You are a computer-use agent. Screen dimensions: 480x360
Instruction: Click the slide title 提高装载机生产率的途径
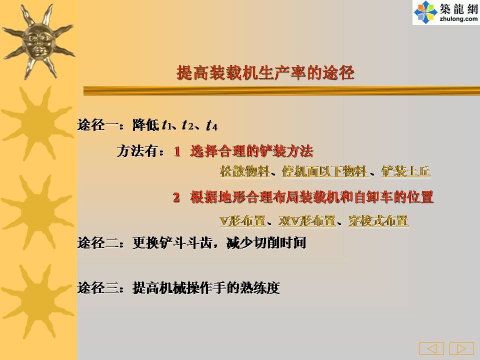pos(265,73)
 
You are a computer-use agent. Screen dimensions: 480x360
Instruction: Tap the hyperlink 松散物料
pos(244,171)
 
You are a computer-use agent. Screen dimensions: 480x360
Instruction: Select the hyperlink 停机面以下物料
pos(325,171)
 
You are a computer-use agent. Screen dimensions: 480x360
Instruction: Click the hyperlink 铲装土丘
pos(406,171)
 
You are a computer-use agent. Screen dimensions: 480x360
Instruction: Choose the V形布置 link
pos(242,220)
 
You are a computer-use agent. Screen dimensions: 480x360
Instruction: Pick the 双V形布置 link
pos(307,220)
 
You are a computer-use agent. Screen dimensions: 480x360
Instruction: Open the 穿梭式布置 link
pos(378,220)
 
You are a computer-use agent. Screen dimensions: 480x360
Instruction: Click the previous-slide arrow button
pos(431,348)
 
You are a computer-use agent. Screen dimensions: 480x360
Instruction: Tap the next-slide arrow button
pos(461,348)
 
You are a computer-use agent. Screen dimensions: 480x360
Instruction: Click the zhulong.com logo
pos(446,12)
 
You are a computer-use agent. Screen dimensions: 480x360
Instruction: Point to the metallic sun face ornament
pos(38,41)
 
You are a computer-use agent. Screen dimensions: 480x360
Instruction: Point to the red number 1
pos(177,151)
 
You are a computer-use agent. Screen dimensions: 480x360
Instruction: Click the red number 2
pos(176,197)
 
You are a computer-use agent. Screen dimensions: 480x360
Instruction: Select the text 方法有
pos(137,151)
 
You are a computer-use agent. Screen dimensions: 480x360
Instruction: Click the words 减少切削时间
pos(266,243)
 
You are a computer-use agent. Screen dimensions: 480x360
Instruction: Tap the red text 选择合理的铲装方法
pos(251,151)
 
